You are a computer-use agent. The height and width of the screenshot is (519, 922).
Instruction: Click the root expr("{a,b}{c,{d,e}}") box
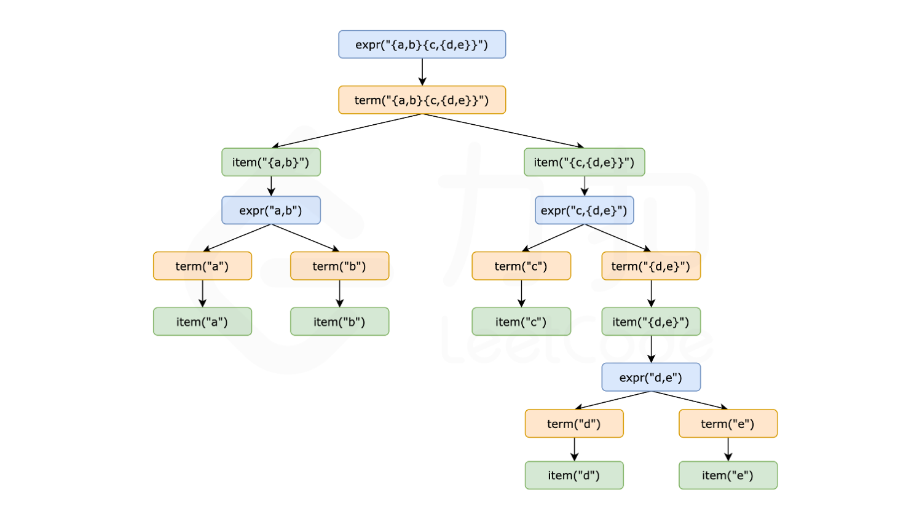coord(422,45)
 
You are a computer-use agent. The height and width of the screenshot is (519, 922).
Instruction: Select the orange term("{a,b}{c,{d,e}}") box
coord(422,100)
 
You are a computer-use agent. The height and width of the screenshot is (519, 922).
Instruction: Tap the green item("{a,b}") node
coord(271,162)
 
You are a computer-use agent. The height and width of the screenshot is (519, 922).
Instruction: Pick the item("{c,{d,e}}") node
coord(584,162)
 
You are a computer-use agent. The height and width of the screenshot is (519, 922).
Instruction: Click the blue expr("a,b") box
coord(271,210)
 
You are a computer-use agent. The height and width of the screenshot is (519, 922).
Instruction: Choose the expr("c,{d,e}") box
coord(584,210)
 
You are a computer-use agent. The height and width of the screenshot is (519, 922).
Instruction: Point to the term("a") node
coord(202,266)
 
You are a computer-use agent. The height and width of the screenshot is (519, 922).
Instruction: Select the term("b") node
coord(339,266)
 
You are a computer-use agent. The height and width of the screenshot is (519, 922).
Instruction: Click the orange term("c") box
coord(521,266)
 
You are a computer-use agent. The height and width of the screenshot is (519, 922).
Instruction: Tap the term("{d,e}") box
coord(651,266)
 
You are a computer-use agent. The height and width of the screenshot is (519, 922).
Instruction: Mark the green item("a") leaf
coord(202,322)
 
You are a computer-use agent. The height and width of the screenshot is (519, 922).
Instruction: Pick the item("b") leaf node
coord(339,322)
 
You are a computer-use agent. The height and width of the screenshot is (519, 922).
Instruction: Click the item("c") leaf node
coord(521,322)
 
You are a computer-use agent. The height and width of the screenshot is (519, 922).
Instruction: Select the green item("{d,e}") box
coord(651,322)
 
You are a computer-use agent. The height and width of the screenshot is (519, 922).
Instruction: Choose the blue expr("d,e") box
coord(651,377)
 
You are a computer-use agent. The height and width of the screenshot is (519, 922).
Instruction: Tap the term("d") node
coord(574,424)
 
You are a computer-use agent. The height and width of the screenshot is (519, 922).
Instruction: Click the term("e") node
coord(728,424)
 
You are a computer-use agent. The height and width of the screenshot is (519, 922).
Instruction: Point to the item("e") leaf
coord(728,475)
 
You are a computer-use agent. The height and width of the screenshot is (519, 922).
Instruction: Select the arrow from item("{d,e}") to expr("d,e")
coord(651,349)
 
